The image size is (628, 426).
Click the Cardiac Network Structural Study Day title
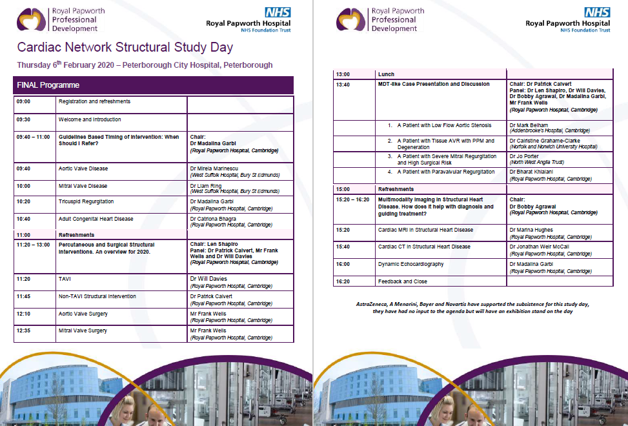click(x=125, y=48)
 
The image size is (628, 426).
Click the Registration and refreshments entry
click(x=94, y=101)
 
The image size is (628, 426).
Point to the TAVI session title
click(x=65, y=279)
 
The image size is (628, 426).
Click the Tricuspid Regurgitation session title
click(x=86, y=201)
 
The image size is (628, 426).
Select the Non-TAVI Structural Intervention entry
click(x=97, y=296)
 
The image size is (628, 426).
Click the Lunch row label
click(x=386, y=74)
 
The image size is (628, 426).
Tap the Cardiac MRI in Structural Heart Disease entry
click(x=425, y=230)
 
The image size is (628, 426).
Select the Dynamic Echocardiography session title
click(x=410, y=264)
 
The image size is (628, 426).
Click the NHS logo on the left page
click(x=278, y=12)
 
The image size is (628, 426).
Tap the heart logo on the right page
click(x=351, y=20)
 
